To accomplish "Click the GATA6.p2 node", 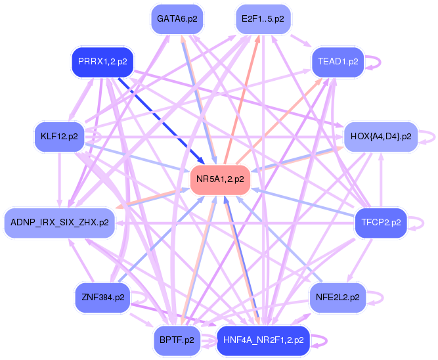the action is click(x=177, y=19).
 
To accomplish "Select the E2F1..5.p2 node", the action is click(x=263, y=19).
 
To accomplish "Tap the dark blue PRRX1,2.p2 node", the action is click(x=102, y=62).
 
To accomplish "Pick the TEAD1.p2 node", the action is click(x=338, y=62).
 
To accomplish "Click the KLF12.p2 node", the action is click(x=59, y=137).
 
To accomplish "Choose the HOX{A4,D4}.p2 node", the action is click(x=381, y=137).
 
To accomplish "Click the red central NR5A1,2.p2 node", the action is click(x=220, y=179).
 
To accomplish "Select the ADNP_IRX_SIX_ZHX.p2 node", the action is click(x=60, y=223).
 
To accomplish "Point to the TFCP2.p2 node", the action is click(x=381, y=223).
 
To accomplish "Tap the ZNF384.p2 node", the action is click(x=103, y=298).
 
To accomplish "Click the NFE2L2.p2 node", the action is click(x=338, y=298).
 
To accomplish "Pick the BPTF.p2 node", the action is click(x=177, y=340).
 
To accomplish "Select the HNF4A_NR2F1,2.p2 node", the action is click(x=263, y=340).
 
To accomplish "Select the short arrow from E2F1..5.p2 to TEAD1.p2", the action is click(x=301, y=41).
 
